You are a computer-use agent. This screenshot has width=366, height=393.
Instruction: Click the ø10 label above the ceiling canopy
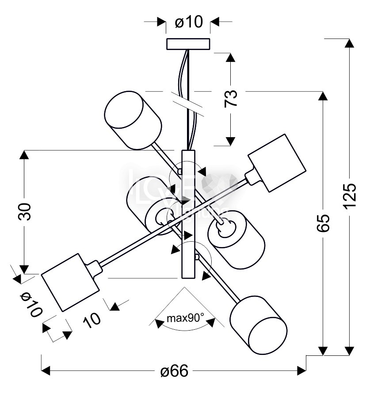(x=188, y=22)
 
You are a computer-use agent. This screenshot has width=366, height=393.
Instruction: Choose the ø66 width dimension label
(x=174, y=371)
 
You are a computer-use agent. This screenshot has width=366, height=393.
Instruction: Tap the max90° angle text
(x=185, y=317)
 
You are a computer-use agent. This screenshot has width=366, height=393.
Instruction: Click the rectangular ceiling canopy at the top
(x=188, y=44)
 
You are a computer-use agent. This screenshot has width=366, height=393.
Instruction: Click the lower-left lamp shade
(x=70, y=282)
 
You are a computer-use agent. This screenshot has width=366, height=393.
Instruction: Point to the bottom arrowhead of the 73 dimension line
(x=229, y=141)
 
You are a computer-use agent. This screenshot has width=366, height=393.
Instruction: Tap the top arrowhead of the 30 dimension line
(x=25, y=155)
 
